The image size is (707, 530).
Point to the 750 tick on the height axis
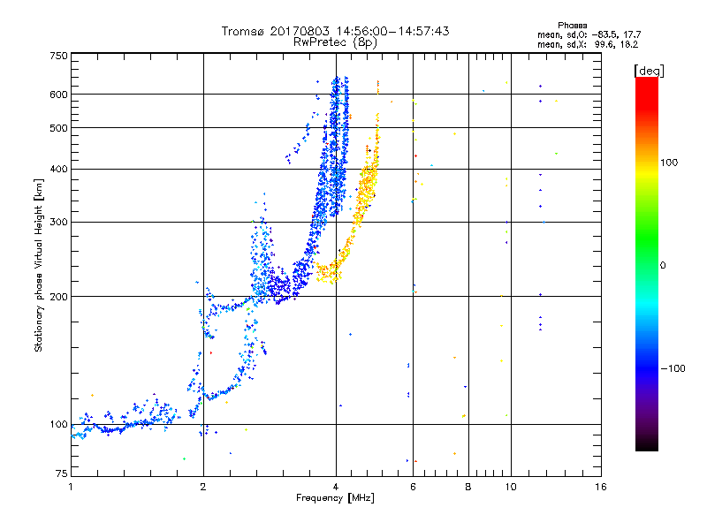pyautogui.click(x=58, y=56)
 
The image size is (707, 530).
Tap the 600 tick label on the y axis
pyautogui.click(x=58, y=95)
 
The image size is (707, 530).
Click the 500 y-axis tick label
pyautogui.click(x=58, y=128)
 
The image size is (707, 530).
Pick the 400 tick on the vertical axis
pyautogui.click(x=58, y=169)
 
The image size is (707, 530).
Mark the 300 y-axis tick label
pyautogui.click(x=58, y=222)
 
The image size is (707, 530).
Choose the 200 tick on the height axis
pyautogui.click(x=58, y=297)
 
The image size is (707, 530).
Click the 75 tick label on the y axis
pyautogui.click(x=61, y=477)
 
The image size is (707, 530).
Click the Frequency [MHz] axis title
pyautogui.click(x=336, y=499)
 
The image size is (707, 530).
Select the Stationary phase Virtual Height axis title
pyautogui.click(x=39, y=265)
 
